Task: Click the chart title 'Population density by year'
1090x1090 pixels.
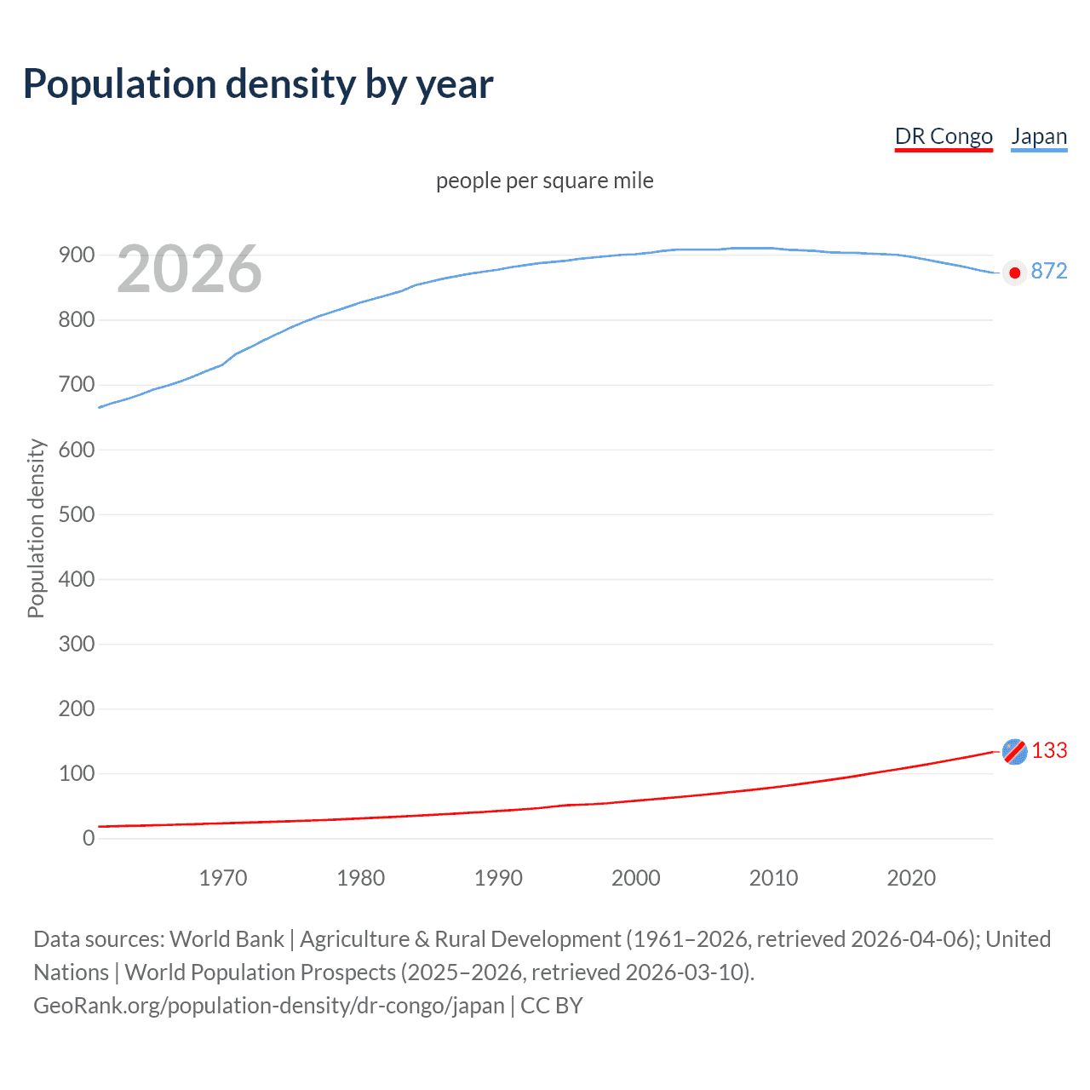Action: pyautogui.click(x=258, y=84)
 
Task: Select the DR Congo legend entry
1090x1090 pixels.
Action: pyautogui.click(x=944, y=137)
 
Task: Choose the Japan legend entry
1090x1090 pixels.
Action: pyautogui.click(x=1039, y=137)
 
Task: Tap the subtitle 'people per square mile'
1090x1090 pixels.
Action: pyautogui.click(x=544, y=181)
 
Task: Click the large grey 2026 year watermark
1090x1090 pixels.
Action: pyautogui.click(x=189, y=269)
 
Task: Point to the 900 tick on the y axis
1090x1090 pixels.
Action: pyautogui.click(x=77, y=255)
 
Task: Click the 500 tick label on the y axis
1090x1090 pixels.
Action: pyautogui.click(x=77, y=514)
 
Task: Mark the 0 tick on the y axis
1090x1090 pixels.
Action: pyautogui.click(x=89, y=838)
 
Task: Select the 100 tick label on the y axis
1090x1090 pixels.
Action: pyautogui.click(x=77, y=773)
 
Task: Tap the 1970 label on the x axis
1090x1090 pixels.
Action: pyautogui.click(x=223, y=878)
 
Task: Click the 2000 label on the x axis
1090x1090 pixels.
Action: pyautogui.click(x=636, y=878)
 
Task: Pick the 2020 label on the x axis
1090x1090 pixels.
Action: pyautogui.click(x=911, y=878)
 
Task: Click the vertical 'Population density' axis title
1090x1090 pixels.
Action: pyautogui.click(x=36, y=528)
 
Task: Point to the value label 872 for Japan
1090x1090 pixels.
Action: pyautogui.click(x=1048, y=272)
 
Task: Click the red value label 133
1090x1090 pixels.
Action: pyautogui.click(x=1049, y=750)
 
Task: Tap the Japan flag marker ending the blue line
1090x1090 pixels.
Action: pyautogui.click(x=1014, y=272)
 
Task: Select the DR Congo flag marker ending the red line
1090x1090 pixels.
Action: pyautogui.click(x=1014, y=751)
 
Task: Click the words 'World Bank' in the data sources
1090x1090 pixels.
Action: pyautogui.click(x=227, y=939)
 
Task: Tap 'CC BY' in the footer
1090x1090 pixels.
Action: pyautogui.click(x=552, y=1006)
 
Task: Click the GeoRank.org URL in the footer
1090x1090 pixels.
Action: pyautogui.click(x=269, y=1006)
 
